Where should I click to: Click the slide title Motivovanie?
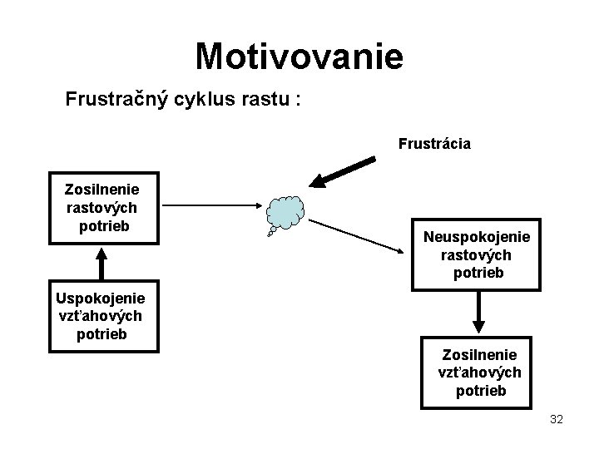pos(299,57)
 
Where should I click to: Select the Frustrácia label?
pos(434,144)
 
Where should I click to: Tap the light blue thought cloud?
pos(287,213)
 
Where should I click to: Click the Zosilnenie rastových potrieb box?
pos(101,208)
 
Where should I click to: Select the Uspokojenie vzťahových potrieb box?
pos(100,315)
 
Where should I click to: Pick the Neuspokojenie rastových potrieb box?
pos(476,255)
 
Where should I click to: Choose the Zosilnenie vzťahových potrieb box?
pos(478,373)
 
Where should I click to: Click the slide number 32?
pos(557,420)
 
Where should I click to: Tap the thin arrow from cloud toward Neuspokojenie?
pos(362,235)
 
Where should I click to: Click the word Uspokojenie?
pos(100,298)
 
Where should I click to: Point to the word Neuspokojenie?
pos(476,237)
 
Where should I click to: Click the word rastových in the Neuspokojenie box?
pos(476,255)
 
